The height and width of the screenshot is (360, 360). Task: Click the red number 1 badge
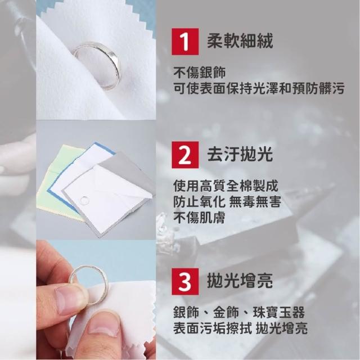(x=185, y=42)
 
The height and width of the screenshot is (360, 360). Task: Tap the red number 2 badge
(x=185, y=155)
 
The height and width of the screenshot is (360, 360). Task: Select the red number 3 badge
(x=185, y=281)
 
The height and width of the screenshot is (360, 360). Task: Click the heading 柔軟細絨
(x=240, y=41)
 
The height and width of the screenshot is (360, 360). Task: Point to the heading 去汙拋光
(x=240, y=154)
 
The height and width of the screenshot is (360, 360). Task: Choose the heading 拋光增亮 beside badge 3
(x=240, y=281)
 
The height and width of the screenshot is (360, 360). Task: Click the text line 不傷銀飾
(x=200, y=73)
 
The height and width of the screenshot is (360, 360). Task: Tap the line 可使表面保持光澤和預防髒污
(x=259, y=88)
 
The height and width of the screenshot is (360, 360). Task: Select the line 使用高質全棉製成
(x=226, y=186)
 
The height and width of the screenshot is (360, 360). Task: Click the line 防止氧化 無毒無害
(x=227, y=201)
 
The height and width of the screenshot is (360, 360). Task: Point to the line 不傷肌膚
(x=199, y=218)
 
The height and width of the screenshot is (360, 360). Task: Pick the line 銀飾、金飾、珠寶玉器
(x=239, y=312)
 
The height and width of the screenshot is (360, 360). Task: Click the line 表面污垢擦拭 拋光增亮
(x=240, y=328)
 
